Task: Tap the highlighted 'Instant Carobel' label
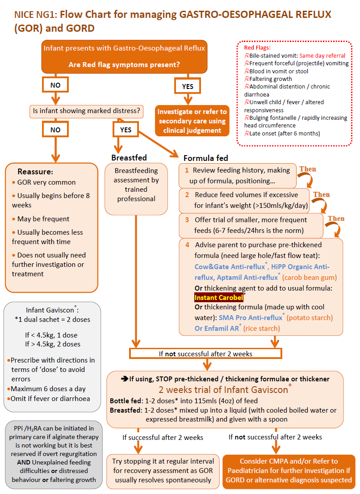(219, 298)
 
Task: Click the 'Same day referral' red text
(322, 55)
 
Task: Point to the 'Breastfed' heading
(129, 158)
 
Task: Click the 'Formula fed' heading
(205, 158)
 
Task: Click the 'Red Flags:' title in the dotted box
(257, 48)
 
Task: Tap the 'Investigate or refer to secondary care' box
(192, 121)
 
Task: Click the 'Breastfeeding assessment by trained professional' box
(136, 184)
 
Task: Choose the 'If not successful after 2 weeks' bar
(205, 354)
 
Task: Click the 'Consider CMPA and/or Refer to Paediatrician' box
(289, 470)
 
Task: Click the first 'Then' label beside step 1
(307, 169)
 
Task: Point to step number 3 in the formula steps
(187, 220)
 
